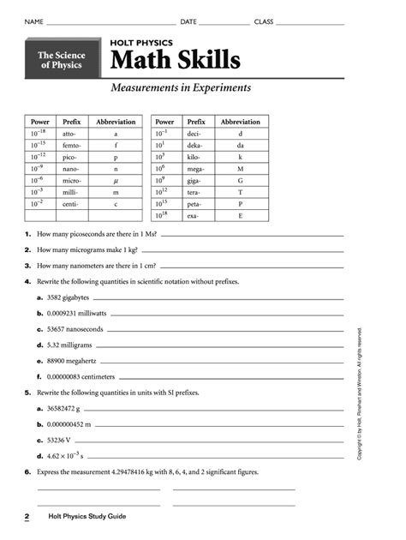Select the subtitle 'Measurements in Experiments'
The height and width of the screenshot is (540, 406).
coord(181,87)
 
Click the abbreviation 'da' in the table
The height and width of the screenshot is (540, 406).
coord(240,146)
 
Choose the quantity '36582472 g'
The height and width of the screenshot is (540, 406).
coord(69,409)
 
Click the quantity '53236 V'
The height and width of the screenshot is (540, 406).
coord(63,441)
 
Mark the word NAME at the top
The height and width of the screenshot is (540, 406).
coord(33,21)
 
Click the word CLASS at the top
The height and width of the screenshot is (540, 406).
coord(264,21)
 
